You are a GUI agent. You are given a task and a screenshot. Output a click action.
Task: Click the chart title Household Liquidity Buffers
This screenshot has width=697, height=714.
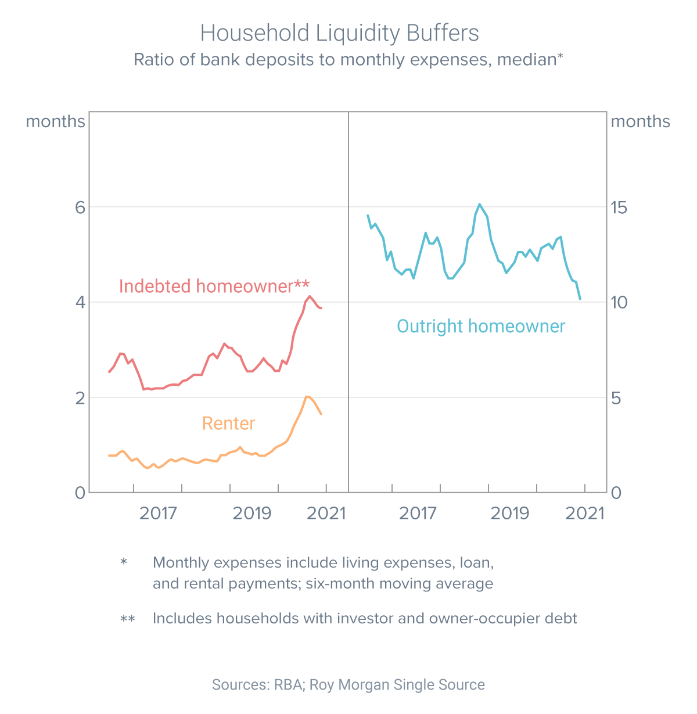(340, 33)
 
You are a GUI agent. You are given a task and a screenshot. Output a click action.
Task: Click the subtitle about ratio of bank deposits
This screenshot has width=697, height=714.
(348, 60)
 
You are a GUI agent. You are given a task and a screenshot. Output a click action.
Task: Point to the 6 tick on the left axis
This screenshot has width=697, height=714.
(80, 207)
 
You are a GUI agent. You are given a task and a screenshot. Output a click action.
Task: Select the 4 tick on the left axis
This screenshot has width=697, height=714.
(80, 302)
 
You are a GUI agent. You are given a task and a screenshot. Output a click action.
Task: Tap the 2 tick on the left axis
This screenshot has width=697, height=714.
(80, 397)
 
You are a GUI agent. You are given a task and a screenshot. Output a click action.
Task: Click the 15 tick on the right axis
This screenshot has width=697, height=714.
(623, 207)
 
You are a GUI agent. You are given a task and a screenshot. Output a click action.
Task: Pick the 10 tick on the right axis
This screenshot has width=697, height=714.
(623, 302)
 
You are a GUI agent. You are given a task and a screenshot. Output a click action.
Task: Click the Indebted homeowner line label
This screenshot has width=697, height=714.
(214, 286)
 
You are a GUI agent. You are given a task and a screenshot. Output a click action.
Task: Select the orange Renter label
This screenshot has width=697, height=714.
(228, 424)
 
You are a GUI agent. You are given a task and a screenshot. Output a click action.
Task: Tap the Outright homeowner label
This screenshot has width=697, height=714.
(480, 326)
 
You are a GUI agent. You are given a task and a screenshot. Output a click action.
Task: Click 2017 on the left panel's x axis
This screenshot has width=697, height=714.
(158, 513)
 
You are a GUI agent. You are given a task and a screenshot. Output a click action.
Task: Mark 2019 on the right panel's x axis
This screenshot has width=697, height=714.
(509, 513)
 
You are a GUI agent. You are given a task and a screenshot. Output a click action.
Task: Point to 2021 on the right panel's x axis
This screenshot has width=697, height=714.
(584, 513)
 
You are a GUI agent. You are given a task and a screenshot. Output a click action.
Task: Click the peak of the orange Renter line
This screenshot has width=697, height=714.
(307, 397)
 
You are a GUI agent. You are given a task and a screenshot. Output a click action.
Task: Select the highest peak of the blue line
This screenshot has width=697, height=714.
(479, 204)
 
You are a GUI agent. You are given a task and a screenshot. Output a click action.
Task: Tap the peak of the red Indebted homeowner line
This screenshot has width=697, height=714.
(310, 296)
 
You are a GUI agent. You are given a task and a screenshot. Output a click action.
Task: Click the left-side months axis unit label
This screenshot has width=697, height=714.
(55, 121)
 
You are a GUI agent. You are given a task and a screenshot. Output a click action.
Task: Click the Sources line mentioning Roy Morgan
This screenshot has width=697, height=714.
(348, 684)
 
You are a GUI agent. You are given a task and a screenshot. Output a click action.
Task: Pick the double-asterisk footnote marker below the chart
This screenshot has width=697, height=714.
(128, 619)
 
